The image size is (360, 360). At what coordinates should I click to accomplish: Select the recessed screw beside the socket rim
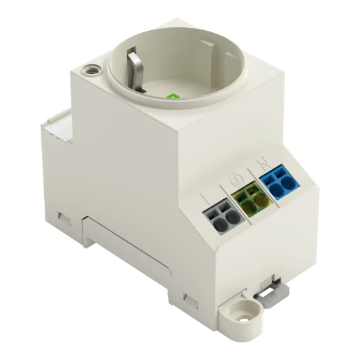coord(89,70)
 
